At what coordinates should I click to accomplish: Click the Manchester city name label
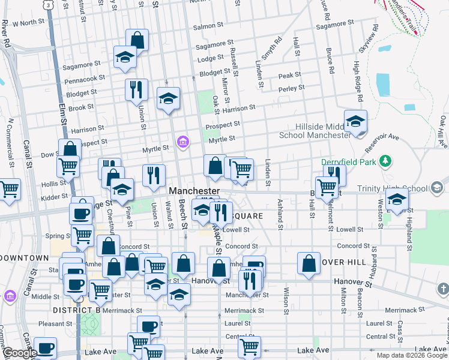pos(193,190)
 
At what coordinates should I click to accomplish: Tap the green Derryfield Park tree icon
pos(388,161)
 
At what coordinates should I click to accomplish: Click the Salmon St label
pos(208,26)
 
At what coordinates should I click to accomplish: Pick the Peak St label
pos(289,75)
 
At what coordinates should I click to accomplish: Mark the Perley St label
pos(292,89)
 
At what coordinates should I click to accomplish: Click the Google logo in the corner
pos(20,353)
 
